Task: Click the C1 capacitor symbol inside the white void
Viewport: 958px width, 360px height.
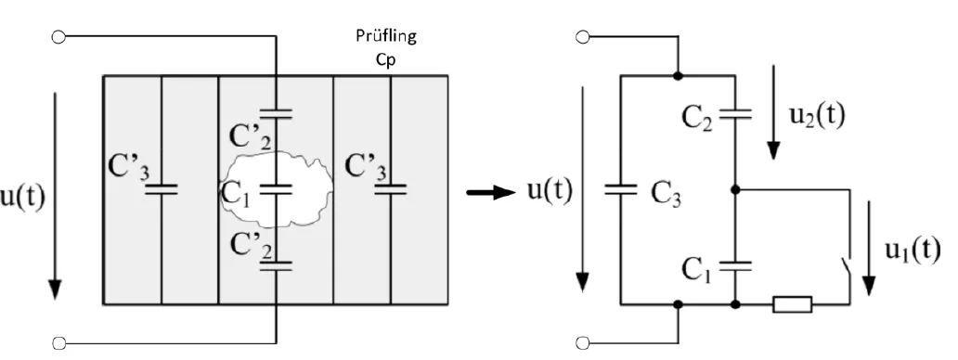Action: click(x=276, y=189)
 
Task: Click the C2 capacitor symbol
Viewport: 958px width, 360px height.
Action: click(x=735, y=114)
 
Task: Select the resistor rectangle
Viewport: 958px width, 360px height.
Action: click(x=792, y=303)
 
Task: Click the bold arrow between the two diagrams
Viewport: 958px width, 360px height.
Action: click(x=489, y=192)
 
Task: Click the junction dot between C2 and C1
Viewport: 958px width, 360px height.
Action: click(x=735, y=190)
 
